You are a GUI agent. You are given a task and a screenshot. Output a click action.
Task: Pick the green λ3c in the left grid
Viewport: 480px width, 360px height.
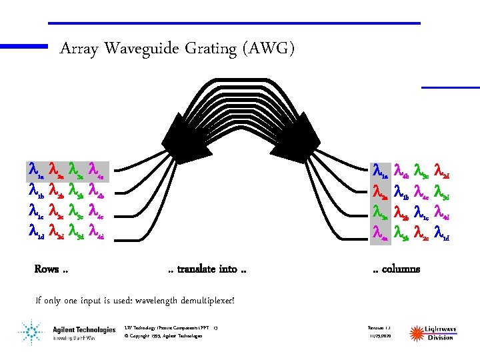pyautogui.click(x=75, y=211)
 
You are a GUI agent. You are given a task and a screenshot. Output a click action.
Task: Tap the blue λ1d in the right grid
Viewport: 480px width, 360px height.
pyautogui.click(x=443, y=231)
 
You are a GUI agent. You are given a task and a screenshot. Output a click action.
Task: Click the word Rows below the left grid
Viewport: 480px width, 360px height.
pyautogui.click(x=47, y=269)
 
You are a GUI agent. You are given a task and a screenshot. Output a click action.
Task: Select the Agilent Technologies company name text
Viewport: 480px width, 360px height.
pyautogui.click(x=84, y=329)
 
